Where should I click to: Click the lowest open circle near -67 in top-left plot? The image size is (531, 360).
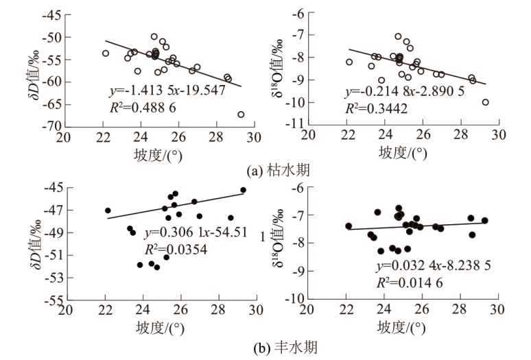pos(241,115)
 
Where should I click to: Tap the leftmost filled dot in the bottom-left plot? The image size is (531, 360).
pos(108,211)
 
